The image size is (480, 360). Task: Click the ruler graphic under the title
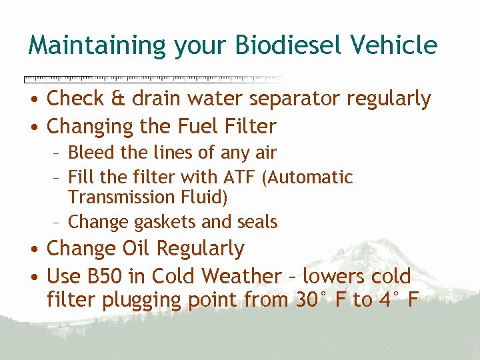[153, 79]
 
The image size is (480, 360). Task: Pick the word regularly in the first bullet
[389, 100]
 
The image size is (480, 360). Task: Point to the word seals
[256, 221]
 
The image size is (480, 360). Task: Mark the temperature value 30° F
[319, 300]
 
